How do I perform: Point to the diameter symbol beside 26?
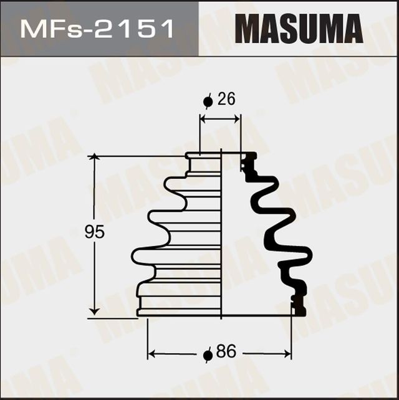pos(208,101)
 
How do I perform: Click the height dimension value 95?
pos(94,232)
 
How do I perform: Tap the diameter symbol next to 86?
pos(208,355)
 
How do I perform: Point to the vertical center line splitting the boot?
pos(222,237)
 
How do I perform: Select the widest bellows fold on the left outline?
pos(140,255)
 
